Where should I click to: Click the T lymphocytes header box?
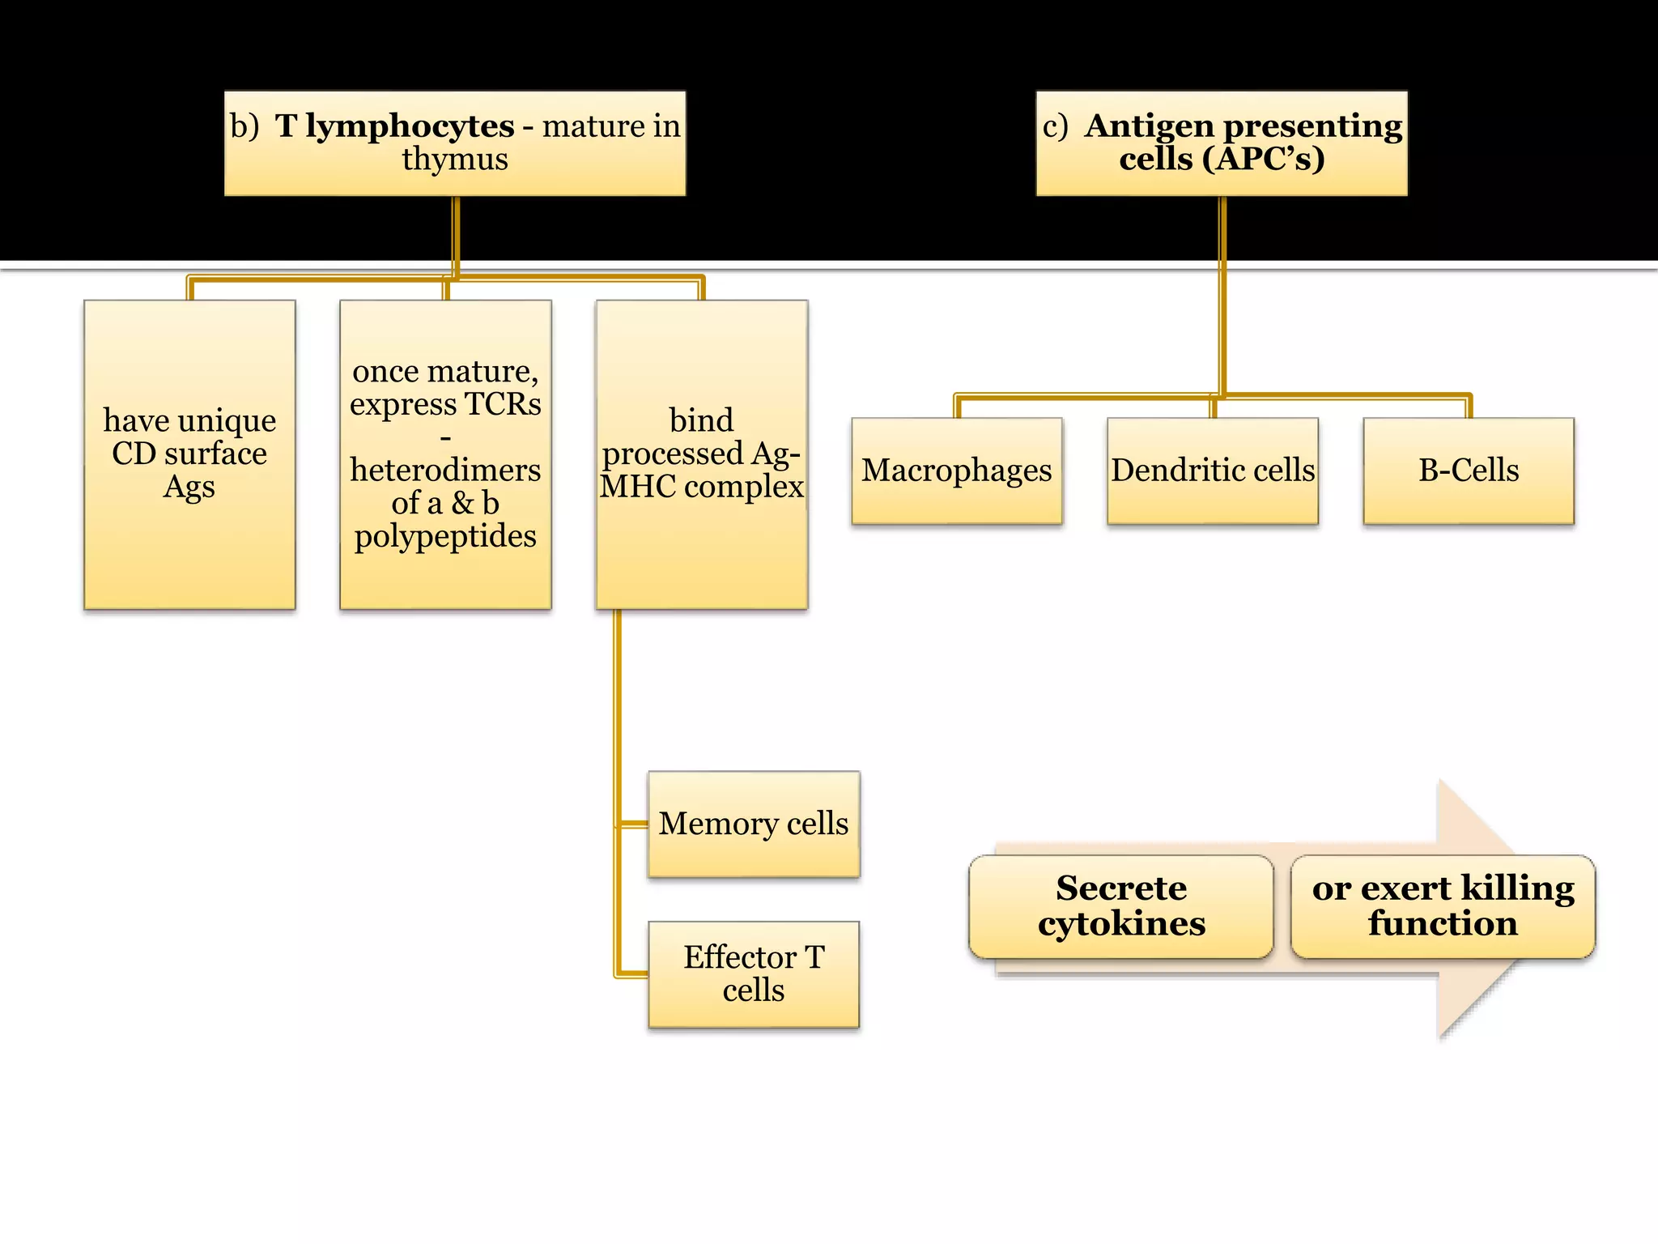(455, 143)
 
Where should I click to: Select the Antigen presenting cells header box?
(1222, 143)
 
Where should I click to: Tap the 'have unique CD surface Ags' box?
(189, 454)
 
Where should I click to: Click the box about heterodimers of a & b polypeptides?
(445, 454)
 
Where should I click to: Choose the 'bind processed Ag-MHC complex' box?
(701, 454)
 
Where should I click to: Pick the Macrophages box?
(957, 471)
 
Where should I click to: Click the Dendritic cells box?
(1213, 471)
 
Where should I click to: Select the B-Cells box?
(1469, 471)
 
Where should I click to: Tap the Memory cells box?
(754, 824)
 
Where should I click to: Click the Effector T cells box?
(754, 974)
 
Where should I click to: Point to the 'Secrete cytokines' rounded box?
(1121, 906)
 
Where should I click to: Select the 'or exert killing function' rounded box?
(1443, 906)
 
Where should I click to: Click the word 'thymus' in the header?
(455, 160)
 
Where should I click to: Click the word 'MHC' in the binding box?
(638, 487)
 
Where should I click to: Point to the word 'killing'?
(1518, 888)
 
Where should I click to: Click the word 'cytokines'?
(1121, 924)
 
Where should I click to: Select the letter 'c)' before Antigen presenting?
(1055, 126)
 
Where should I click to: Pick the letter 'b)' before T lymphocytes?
(244, 126)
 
